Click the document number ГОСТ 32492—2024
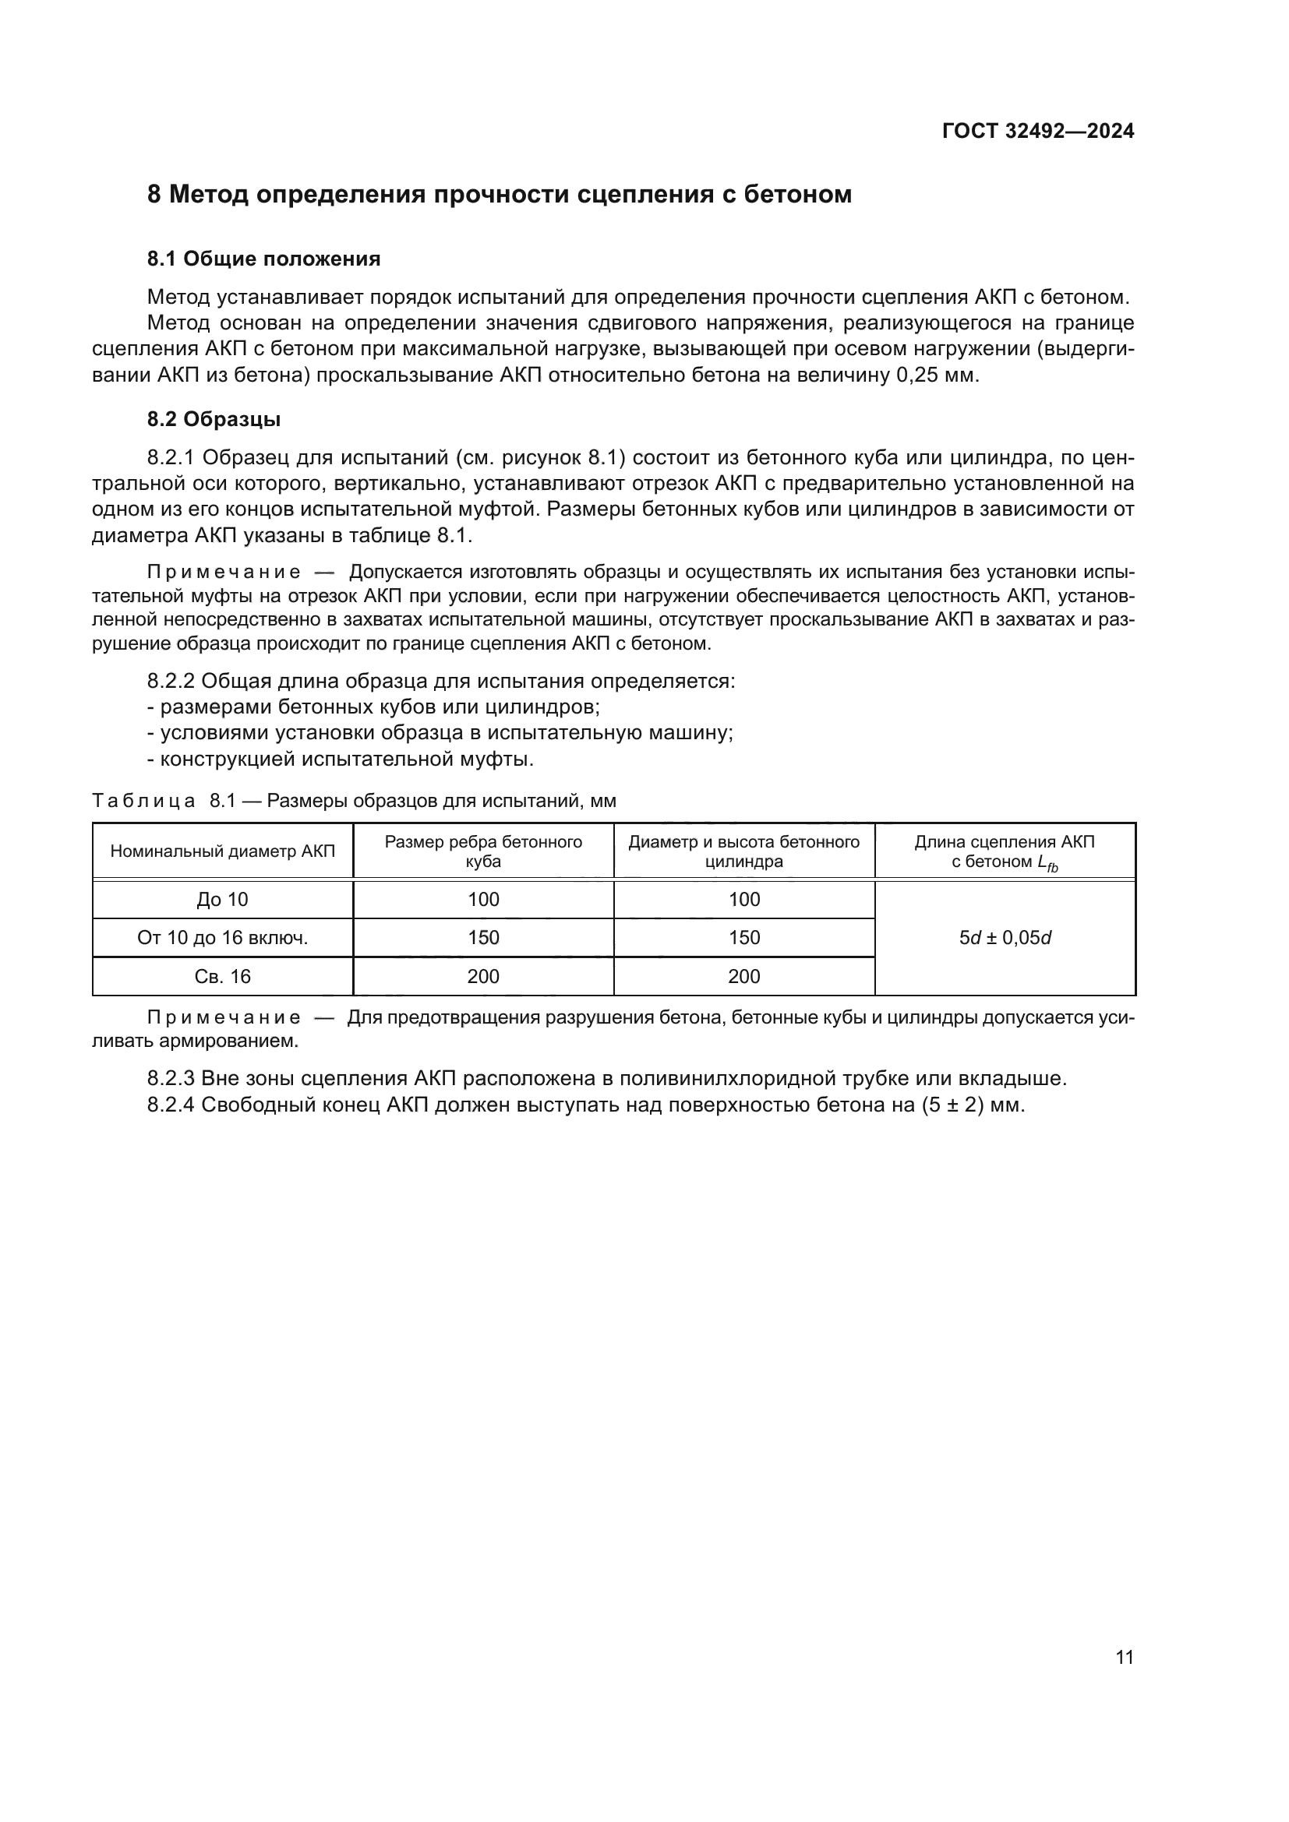[1037, 131]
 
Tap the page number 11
[1124, 1657]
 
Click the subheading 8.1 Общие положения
[263, 259]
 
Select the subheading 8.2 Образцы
[214, 419]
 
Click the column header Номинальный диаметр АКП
[222, 851]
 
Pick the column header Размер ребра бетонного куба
[482, 851]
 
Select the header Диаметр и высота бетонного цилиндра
[743, 851]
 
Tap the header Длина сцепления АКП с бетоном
[1004, 851]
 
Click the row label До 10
[222, 899]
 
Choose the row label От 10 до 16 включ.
[222, 938]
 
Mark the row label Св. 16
[222, 977]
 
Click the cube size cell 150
[482, 938]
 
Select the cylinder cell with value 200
[743, 977]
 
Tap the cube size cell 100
[482, 899]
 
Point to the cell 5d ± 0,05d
[1004, 938]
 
